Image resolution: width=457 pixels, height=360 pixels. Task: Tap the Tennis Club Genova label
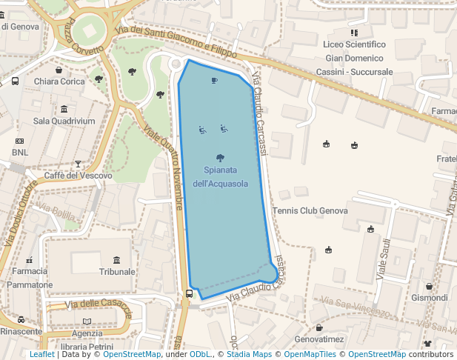pyautogui.click(x=310, y=211)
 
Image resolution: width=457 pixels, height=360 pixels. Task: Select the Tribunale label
pyautogui.click(x=117, y=272)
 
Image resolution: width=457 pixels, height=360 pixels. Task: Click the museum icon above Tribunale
pyautogui.click(x=117, y=259)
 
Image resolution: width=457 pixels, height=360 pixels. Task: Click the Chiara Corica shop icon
pyautogui.click(x=59, y=70)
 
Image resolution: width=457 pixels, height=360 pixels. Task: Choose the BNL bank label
pyautogui.click(x=20, y=153)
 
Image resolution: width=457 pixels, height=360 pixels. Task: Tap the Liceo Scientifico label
pyautogui.click(x=355, y=45)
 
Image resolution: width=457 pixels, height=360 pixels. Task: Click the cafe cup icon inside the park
pyautogui.click(x=214, y=80)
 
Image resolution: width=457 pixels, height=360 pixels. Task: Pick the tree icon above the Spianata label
pyautogui.click(x=220, y=158)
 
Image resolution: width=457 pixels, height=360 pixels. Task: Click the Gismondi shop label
pyautogui.click(x=430, y=298)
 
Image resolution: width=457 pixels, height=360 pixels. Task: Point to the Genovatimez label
pyautogui.click(x=319, y=339)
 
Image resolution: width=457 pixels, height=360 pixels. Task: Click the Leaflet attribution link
pyautogui.click(x=41, y=355)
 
